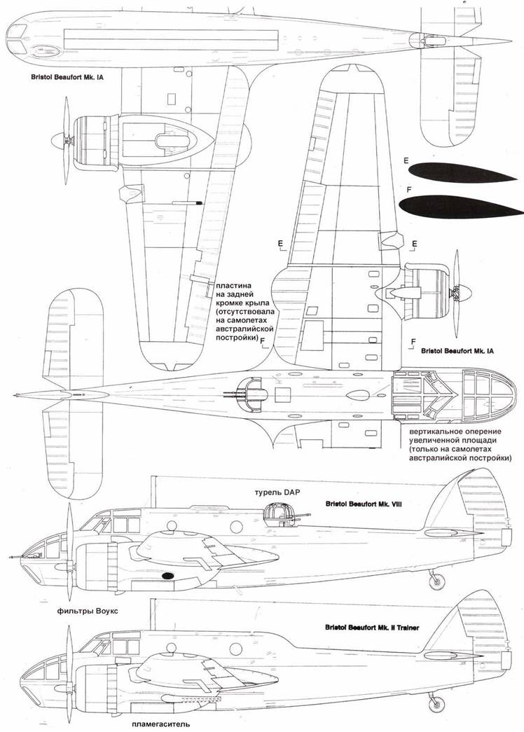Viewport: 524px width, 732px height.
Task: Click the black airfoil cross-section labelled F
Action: pos(441,207)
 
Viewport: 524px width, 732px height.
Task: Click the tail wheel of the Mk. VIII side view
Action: pos(436,579)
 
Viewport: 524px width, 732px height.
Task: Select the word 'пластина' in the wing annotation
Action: pos(235,286)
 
